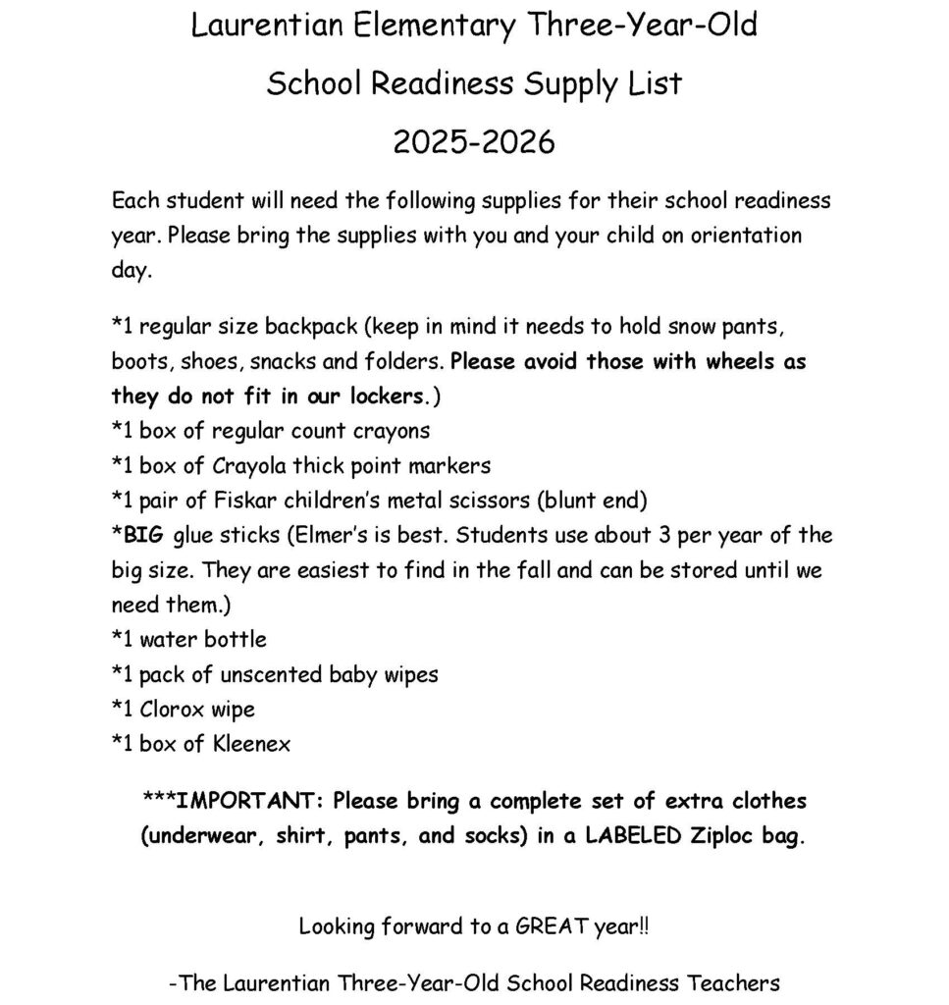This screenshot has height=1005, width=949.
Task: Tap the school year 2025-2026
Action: pos(474,142)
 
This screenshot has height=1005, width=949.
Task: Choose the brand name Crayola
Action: pos(253,465)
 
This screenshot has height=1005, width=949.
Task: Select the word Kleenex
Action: pos(251,744)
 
